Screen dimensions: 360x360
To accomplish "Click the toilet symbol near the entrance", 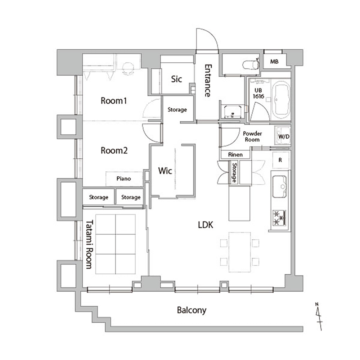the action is (x=251, y=64).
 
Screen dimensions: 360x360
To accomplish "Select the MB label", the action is (x=274, y=62).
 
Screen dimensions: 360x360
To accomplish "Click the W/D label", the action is (x=284, y=136).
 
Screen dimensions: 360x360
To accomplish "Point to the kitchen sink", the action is (x=279, y=186).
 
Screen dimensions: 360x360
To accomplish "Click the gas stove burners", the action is (x=279, y=218).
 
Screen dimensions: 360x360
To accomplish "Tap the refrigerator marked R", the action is (x=280, y=160).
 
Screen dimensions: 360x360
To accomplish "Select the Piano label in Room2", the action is (x=123, y=179).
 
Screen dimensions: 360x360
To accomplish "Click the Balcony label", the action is (x=192, y=310).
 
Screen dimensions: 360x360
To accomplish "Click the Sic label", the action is (x=176, y=79).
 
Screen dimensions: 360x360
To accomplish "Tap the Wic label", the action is (x=165, y=171).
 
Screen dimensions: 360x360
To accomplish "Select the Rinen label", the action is (x=235, y=155).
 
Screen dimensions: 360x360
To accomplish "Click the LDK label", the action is (x=206, y=225).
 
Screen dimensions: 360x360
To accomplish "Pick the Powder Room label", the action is (x=252, y=136).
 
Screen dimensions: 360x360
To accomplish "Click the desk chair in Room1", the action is (x=128, y=68).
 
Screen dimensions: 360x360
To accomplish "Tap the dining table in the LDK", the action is (x=239, y=252).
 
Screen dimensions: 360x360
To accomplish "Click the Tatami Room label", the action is (x=89, y=244).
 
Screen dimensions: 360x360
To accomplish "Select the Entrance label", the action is (x=208, y=81).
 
